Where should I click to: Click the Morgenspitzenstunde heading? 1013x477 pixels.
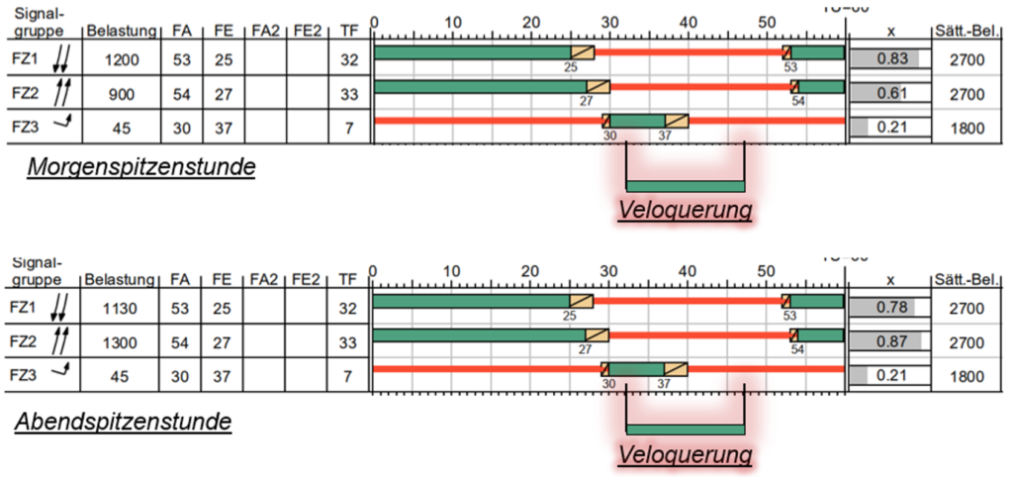click(140, 167)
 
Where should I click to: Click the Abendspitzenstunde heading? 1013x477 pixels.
click(123, 422)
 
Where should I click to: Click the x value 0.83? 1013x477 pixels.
click(891, 59)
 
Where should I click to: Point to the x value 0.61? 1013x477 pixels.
click(891, 94)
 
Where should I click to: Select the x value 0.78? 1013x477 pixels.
click(891, 308)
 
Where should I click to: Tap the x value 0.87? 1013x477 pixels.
click(891, 341)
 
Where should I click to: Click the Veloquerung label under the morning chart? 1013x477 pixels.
click(686, 210)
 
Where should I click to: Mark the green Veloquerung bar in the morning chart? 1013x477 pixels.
click(686, 186)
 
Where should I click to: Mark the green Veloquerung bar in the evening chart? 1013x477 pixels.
click(686, 429)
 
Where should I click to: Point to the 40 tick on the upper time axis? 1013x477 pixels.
click(689, 21)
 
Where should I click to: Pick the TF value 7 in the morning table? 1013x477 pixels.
click(347, 127)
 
